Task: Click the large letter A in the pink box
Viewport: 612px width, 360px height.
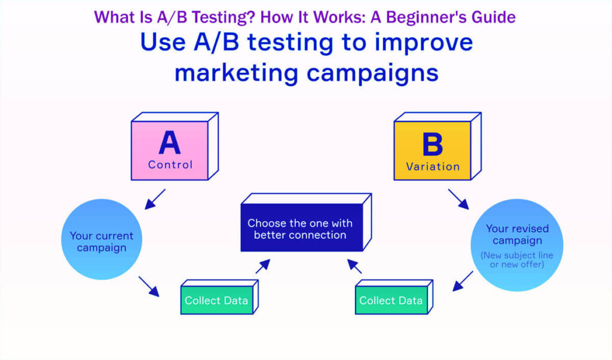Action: (170, 144)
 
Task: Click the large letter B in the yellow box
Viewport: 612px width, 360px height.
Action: (433, 145)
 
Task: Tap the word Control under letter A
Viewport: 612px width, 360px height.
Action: (170, 164)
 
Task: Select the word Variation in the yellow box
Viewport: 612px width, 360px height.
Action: (433, 167)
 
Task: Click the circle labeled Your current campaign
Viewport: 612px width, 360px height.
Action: (102, 239)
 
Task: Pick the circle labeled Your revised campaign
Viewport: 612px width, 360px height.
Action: (517, 245)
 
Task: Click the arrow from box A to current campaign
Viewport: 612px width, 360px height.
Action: (155, 199)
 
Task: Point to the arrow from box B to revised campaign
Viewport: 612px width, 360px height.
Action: (460, 199)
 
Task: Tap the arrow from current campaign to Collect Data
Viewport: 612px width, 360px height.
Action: (149, 286)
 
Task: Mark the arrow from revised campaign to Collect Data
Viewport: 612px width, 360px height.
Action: (463, 281)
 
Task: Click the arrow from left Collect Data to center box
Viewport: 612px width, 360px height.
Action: (263, 266)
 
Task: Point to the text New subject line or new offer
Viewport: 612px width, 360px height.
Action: (517, 260)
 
